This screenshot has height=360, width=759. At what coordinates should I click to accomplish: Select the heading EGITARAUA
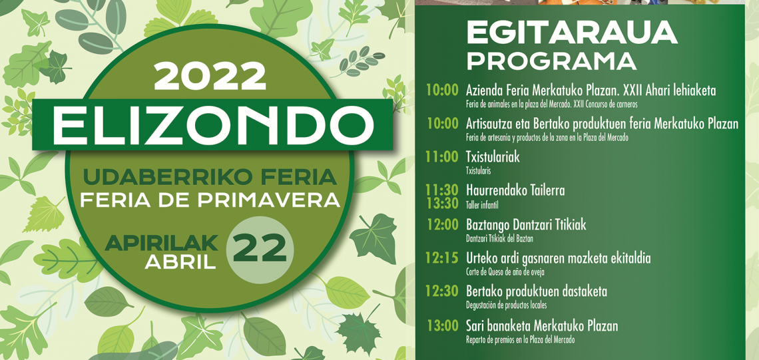tap(572, 33)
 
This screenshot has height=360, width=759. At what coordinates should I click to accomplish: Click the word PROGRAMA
tap(551, 61)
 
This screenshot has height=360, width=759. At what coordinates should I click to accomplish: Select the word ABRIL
tap(180, 262)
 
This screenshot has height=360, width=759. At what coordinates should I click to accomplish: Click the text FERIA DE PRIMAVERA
tap(210, 199)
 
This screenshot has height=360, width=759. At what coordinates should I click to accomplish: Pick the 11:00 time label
tap(442, 157)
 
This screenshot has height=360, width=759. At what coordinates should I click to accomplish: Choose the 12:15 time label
tap(442, 258)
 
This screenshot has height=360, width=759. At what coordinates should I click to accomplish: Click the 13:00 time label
tap(442, 326)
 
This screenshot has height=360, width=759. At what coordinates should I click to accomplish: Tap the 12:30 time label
tap(442, 291)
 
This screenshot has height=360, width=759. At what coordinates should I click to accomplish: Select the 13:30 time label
tap(442, 203)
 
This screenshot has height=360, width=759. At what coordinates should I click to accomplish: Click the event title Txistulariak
tap(493, 157)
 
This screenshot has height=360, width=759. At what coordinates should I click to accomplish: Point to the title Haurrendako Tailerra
tap(515, 190)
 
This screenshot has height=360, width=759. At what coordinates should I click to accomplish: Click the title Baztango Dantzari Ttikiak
tap(526, 225)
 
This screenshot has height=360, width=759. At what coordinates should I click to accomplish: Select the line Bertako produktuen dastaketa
tap(537, 291)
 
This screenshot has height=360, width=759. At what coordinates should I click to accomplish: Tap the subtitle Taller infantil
tap(482, 205)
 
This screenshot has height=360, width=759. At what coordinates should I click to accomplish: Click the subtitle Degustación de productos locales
tap(507, 305)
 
